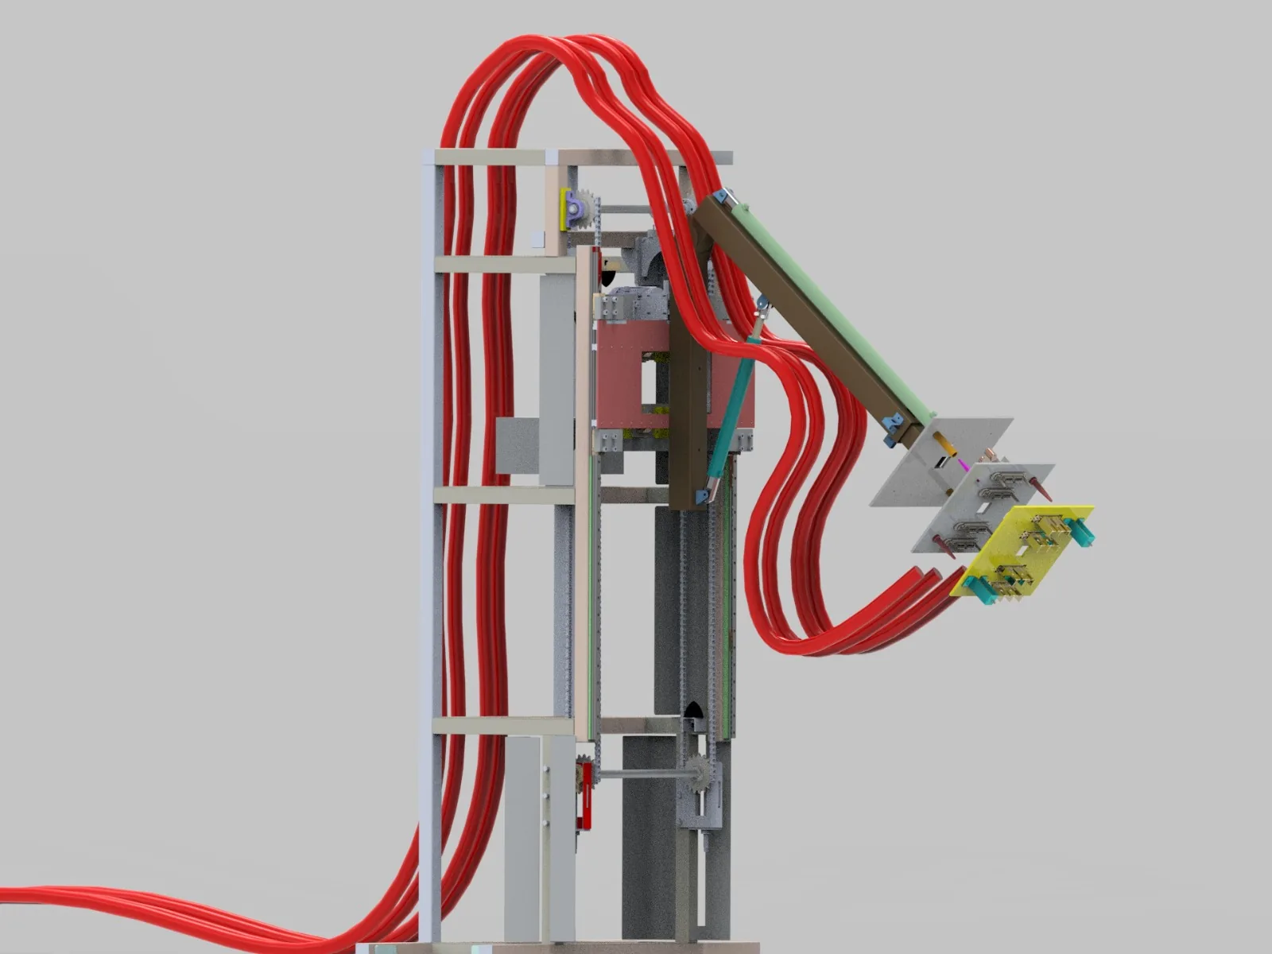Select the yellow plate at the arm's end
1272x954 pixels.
pyautogui.click(x=1026, y=549)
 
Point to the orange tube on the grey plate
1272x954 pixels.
pyautogui.click(x=941, y=440)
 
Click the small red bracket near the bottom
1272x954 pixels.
pyautogui.click(x=587, y=795)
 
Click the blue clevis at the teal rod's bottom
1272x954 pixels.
pyautogui.click(x=701, y=496)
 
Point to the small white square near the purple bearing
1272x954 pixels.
pyautogui.click(x=537, y=237)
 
